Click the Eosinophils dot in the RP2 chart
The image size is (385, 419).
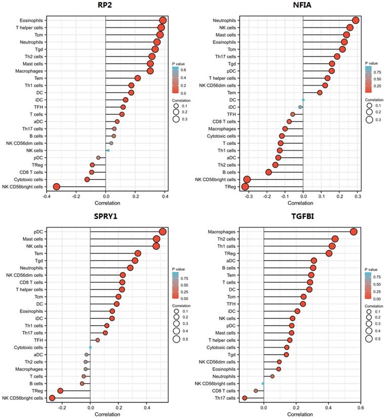click(162, 20)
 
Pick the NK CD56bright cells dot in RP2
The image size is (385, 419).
click(57, 187)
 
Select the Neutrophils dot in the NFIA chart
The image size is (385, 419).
click(356, 20)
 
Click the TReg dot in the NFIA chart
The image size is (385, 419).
click(245, 187)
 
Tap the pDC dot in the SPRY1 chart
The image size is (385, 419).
click(163, 231)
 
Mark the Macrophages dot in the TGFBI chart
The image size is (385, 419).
click(354, 232)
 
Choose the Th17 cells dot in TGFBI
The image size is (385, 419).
click(245, 398)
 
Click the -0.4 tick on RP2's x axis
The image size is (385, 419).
click(47, 196)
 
